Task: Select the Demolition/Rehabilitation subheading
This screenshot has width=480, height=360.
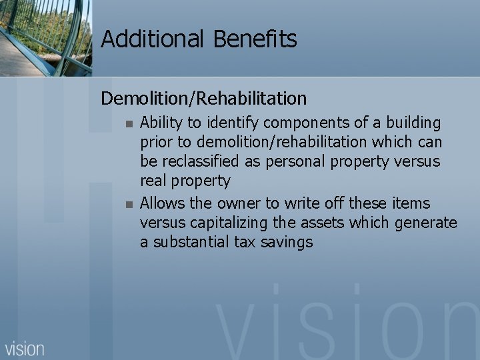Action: point(204,99)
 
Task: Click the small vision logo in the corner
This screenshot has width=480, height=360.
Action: point(25,348)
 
